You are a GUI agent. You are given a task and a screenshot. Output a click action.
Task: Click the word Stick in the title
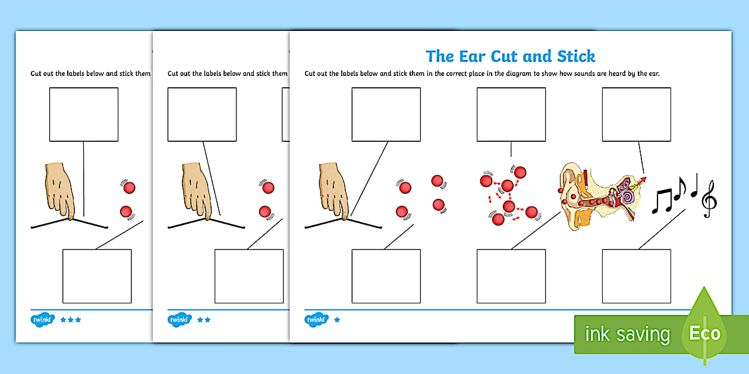click(575, 56)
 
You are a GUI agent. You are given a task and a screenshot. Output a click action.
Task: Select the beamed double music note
click(662, 201)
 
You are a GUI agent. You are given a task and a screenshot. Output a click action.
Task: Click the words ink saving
click(627, 334)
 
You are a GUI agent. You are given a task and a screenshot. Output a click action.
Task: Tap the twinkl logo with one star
click(316, 319)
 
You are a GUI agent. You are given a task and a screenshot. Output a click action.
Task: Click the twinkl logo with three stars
click(42, 319)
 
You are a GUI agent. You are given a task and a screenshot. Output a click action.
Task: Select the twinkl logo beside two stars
click(180, 319)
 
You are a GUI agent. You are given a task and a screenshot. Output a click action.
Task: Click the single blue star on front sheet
click(337, 320)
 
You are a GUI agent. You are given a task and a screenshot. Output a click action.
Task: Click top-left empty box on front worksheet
click(386, 114)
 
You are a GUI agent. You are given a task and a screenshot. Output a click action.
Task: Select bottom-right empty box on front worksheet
click(636, 276)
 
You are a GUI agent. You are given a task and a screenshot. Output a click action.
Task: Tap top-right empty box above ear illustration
click(636, 114)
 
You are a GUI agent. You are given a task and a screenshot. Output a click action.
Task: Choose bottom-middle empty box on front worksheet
click(511, 276)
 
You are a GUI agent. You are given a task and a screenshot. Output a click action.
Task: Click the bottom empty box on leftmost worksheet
click(97, 276)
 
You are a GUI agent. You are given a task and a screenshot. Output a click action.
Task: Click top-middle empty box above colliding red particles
click(511, 114)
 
